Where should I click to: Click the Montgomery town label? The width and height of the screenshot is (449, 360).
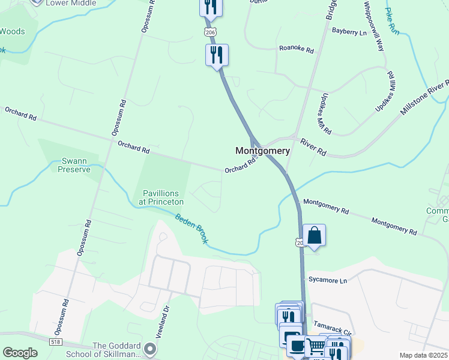click(262, 151)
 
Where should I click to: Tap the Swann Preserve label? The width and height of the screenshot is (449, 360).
click(74, 165)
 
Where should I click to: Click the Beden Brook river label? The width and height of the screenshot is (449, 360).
click(191, 227)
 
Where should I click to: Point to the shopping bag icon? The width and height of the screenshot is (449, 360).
click(314, 236)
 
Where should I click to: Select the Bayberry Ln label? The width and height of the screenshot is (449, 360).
click(349, 32)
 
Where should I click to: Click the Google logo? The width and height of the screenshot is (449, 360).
click(20, 352)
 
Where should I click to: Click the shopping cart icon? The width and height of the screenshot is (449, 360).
click(315, 346)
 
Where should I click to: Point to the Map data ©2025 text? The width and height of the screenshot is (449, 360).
click(422, 355)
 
